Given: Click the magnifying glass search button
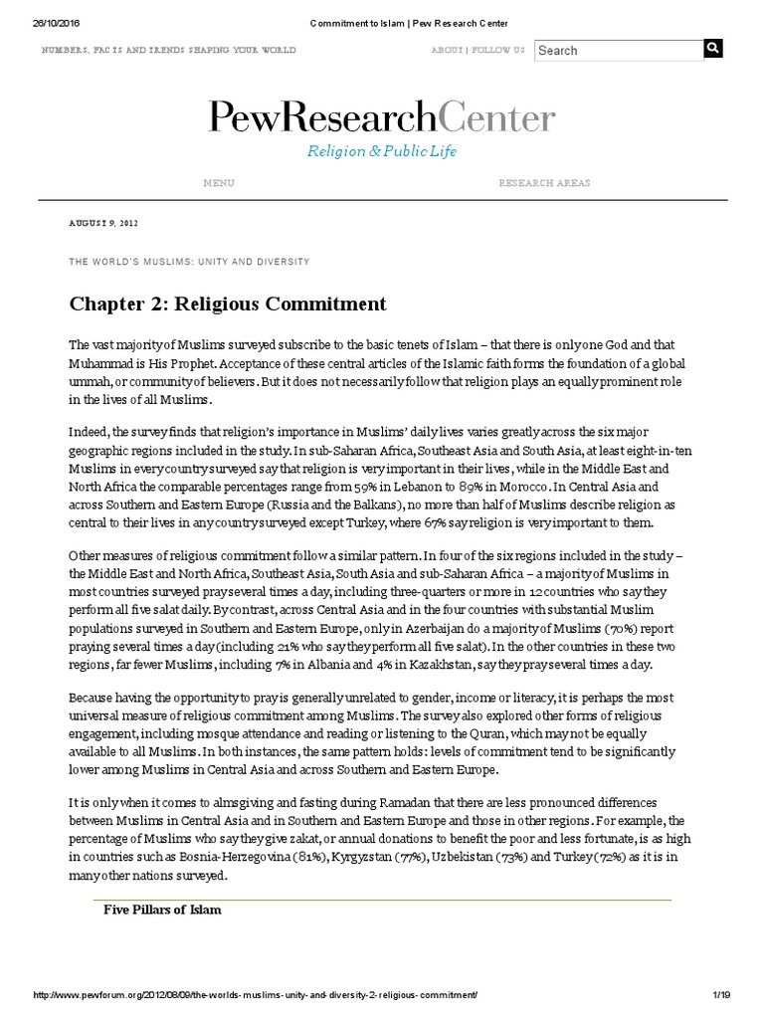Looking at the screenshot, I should point(713,49).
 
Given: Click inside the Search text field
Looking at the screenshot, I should point(617,50).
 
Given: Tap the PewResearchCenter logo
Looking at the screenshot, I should point(382,118).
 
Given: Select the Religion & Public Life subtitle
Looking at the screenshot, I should point(382,151).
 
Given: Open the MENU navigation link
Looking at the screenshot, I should point(219,183).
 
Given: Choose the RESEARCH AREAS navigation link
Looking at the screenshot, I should point(544,183).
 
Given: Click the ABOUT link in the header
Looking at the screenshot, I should point(446,50).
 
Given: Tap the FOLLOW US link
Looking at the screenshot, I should point(496,50).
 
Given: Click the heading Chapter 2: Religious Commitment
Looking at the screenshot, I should point(227,303).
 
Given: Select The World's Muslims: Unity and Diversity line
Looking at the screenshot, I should point(189,262).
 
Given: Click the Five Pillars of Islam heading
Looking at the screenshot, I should point(163,910).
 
